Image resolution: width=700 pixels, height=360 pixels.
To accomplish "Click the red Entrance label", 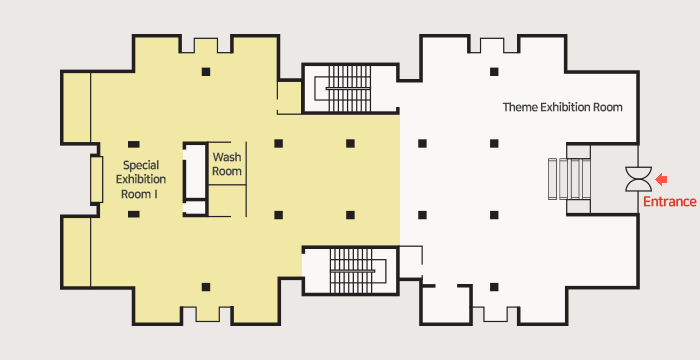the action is click(669, 202).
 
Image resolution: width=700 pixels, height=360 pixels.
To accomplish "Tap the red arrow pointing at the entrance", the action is click(661, 180).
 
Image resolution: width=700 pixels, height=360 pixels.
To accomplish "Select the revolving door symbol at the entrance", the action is click(638, 179).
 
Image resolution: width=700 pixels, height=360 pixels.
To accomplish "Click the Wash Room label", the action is click(227, 164).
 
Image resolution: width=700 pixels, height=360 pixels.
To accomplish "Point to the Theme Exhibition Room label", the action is click(562, 107).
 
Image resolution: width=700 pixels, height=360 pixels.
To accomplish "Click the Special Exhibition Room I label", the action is click(141, 180).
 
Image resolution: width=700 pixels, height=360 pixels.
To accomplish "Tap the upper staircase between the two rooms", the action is click(350, 88).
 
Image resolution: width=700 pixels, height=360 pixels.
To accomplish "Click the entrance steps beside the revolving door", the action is click(569, 179).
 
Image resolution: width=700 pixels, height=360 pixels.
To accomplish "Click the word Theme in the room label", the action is click(520, 107).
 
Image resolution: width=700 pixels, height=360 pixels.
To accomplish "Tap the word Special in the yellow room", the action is click(141, 165).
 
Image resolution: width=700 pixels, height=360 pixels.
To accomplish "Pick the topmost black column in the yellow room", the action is click(206, 72).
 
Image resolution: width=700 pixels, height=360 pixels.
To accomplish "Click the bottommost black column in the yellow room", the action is click(206, 287).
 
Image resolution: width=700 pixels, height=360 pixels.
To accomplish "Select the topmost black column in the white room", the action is click(494, 72).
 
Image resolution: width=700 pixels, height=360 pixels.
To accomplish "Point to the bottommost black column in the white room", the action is click(494, 287).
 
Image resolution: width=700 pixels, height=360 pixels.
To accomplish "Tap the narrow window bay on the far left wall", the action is click(96, 179).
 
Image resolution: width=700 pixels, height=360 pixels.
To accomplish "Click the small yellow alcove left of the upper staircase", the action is click(289, 97).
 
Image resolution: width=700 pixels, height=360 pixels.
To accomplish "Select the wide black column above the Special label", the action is click(133, 144).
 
